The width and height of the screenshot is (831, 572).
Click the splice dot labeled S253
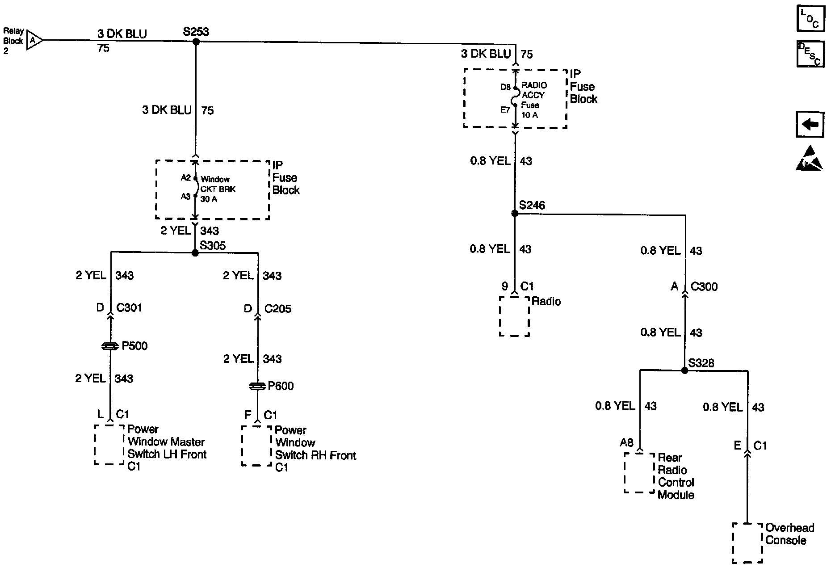(196, 42)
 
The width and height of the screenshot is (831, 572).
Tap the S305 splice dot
(195, 253)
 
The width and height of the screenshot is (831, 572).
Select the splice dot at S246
(515, 214)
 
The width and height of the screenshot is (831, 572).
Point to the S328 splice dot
(684, 370)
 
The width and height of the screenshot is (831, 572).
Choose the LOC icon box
(810, 19)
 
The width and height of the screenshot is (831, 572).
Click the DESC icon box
(810, 54)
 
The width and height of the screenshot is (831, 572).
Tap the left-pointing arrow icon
(810, 124)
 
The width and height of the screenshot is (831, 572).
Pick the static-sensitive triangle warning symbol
(809, 159)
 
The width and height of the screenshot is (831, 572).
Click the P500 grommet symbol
(110, 346)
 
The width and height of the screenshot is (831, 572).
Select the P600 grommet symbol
(257, 386)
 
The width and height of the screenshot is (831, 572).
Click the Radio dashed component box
(514, 316)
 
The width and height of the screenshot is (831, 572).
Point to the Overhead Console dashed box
(747, 543)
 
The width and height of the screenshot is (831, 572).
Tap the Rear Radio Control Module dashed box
(639, 473)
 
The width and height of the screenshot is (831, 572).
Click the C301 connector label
(129, 307)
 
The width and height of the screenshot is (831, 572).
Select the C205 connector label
(277, 308)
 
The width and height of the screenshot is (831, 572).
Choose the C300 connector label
(704, 286)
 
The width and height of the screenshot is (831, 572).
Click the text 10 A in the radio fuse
(529, 115)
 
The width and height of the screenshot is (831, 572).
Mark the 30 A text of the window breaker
(209, 199)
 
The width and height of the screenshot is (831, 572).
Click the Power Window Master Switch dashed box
(109, 445)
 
